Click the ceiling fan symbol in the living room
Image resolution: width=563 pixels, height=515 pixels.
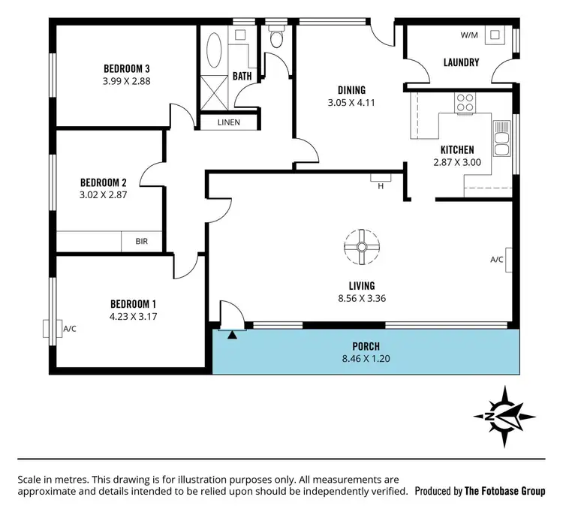pyautogui.click(x=361, y=247)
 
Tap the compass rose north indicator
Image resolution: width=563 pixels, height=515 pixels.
pyautogui.click(x=504, y=417)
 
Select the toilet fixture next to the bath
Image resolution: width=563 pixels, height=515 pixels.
pyautogui.click(x=275, y=38)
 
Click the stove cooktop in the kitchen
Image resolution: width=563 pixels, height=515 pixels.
pyautogui.click(x=465, y=102)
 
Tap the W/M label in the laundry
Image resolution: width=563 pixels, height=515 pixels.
pyautogui.click(x=470, y=35)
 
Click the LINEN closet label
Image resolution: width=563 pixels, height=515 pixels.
pyautogui.click(x=229, y=122)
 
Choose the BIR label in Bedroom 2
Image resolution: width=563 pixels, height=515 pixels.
pyautogui.click(x=141, y=242)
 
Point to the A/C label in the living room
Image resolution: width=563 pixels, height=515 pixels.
pyautogui.click(x=496, y=260)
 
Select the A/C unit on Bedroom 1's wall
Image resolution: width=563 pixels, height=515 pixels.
pyautogui.click(x=48, y=328)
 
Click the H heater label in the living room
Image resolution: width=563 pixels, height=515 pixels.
pyautogui.click(x=381, y=186)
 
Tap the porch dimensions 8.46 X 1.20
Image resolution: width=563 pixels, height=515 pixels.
pyautogui.click(x=367, y=359)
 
